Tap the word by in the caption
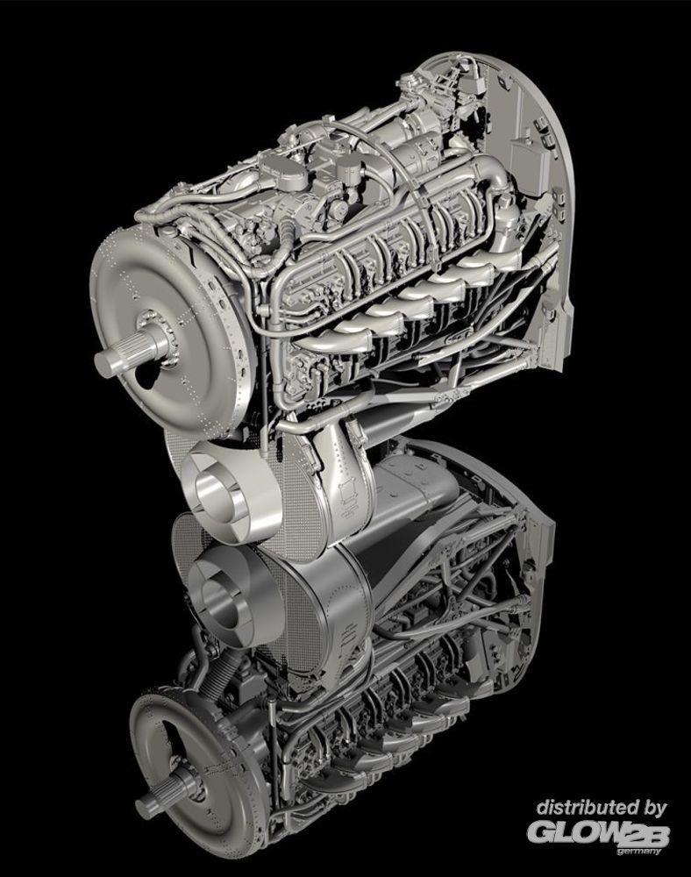click(653, 809)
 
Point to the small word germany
click(638, 852)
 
